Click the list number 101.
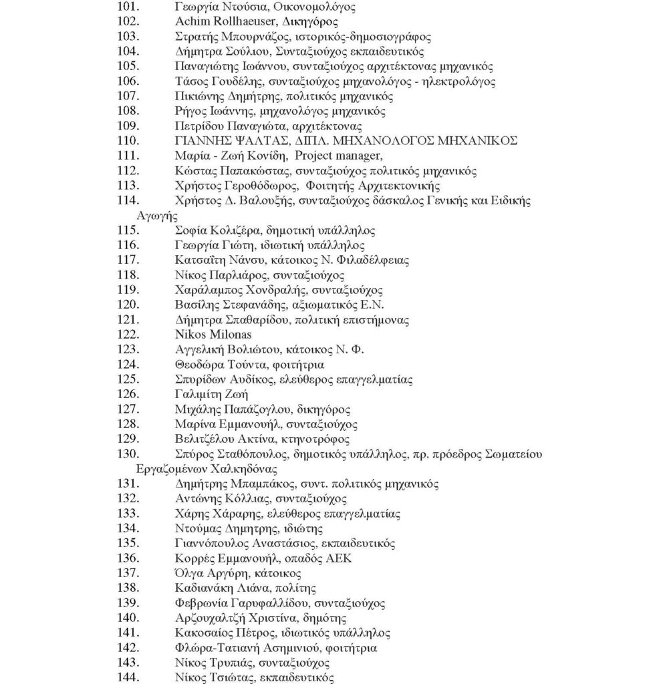127,7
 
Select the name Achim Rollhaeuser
220,21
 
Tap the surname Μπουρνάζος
249,37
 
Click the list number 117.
127,260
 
